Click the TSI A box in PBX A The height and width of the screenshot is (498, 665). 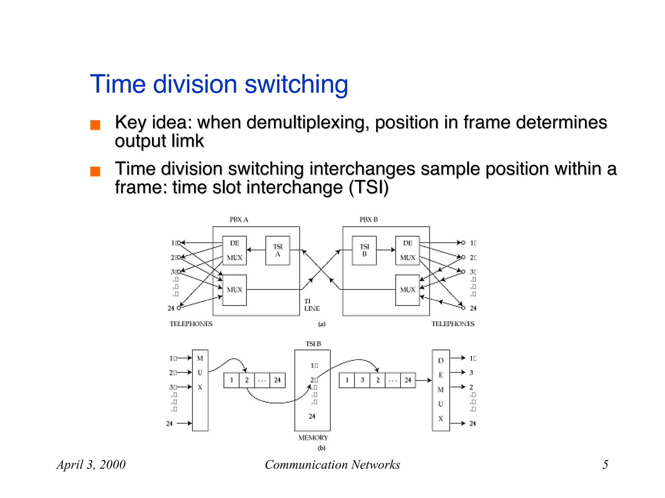(278, 250)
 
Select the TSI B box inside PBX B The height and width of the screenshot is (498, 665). (364, 250)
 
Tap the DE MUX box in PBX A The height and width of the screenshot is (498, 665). (234, 250)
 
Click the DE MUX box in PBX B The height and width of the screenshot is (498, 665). (408, 250)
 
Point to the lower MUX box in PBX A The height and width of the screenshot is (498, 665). (234, 290)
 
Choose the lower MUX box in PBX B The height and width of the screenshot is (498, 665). (408, 290)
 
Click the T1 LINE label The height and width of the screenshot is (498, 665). (312, 305)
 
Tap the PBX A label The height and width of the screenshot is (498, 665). (239, 220)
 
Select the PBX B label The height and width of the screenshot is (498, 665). (369, 220)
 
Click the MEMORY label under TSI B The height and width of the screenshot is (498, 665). (313, 438)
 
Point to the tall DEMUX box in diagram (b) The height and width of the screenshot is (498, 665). (441, 390)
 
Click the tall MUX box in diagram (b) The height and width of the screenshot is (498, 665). (200, 390)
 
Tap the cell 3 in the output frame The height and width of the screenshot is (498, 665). (362, 380)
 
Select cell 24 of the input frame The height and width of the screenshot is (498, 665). (277, 380)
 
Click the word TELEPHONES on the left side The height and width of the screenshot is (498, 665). (191, 324)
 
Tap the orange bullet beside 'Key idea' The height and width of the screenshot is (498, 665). (95, 125)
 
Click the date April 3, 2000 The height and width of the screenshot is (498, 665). (91, 465)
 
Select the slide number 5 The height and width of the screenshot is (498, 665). (605, 465)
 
